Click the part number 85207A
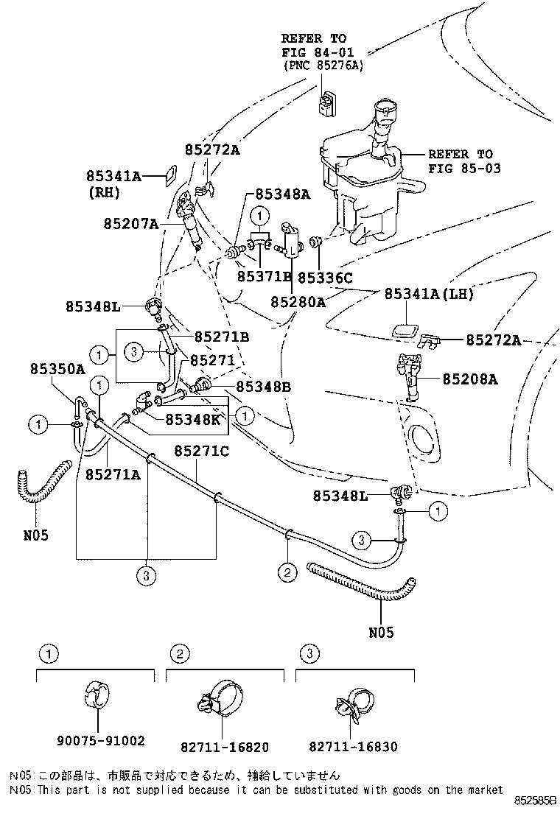pos(131,222)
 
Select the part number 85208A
pos(470,380)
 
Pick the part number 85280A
pos(298,301)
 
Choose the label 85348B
pos(264,387)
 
